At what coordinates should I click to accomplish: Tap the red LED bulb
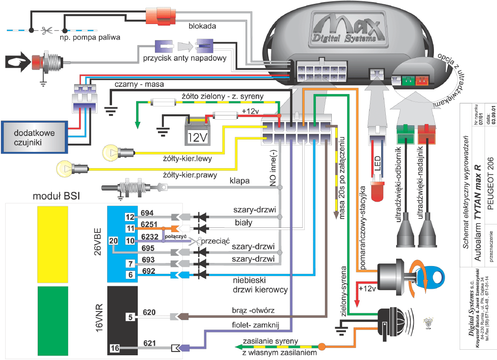(378, 191)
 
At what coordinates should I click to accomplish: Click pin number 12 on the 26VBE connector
(130, 217)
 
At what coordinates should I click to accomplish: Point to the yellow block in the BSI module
(53, 242)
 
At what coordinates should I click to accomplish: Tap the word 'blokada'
(202, 26)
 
